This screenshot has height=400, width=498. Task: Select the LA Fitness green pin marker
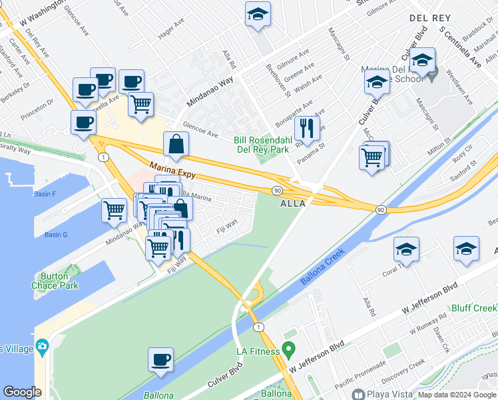coord(288,349)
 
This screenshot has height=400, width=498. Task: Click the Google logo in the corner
coord(22,392)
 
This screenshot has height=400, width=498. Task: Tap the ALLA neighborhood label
coord(292,204)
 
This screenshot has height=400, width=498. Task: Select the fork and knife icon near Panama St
coord(307,126)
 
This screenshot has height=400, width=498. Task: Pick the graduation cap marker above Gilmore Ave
coord(258,13)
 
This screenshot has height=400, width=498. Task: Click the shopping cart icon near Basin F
coord(115,210)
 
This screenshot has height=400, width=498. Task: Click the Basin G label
coord(56,235)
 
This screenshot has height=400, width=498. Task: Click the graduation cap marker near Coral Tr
coord(406,249)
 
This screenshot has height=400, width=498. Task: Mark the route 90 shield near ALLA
coord(277,191)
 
